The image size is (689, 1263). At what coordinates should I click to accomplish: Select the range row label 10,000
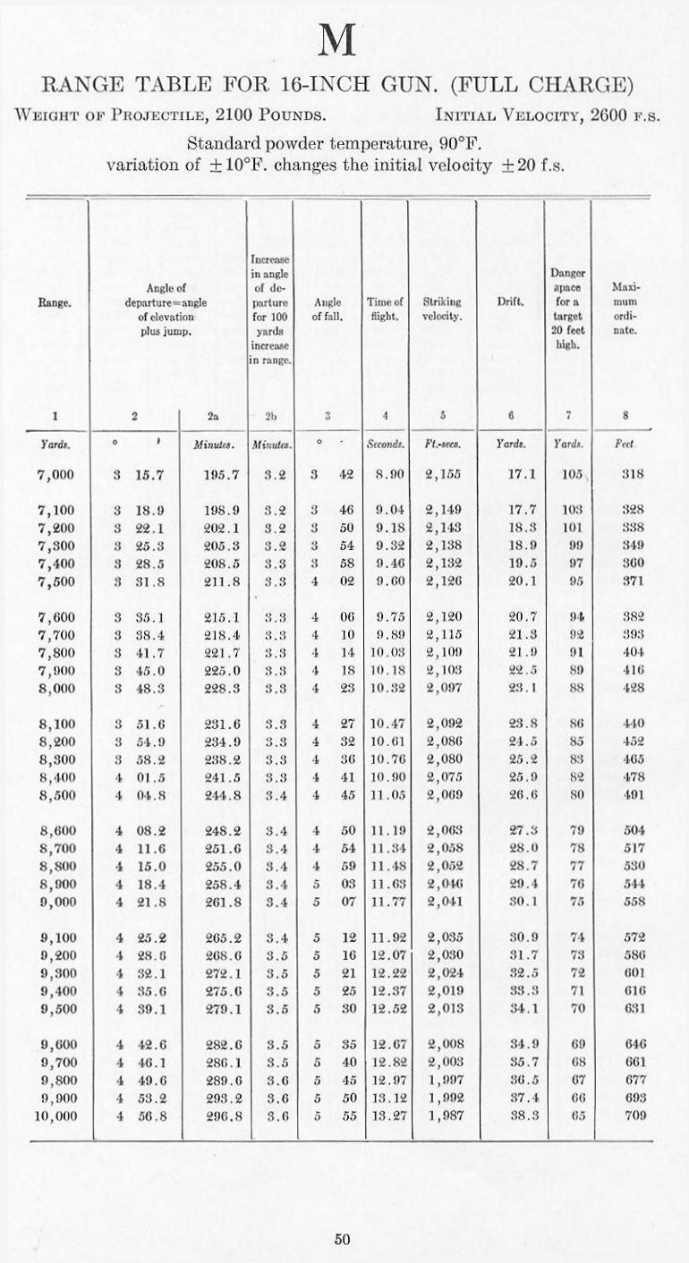click(x=55, y=1115)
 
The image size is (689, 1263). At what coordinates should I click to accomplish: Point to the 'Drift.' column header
click(x=510, y=302)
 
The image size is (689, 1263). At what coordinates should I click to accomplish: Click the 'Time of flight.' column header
click(x=385, y=309)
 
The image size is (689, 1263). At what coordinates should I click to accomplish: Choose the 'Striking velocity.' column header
click(x=442, y=309)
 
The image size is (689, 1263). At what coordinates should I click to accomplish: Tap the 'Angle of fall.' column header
click(x=328, y=309)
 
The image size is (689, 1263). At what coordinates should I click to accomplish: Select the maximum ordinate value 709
click(x=634, y=1115)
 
